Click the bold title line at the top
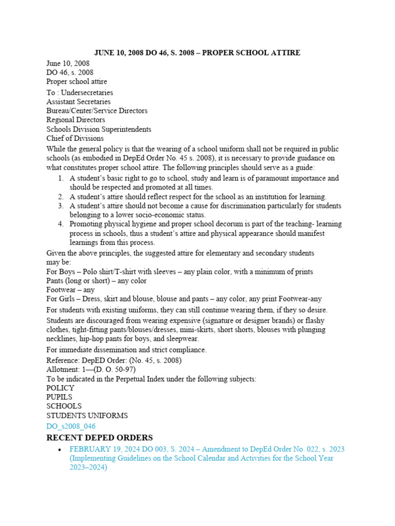(x=197, y=53)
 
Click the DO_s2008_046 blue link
(x=70, y=426)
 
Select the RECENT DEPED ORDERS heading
(x=99, y=438)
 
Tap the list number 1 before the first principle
(x=60, y=178)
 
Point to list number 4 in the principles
(x=60, y=224)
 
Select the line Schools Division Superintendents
(x=99, y=129)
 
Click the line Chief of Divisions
(x=75, y=139)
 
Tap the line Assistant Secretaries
(x=78, y=102)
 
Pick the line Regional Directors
(x=76, y=120)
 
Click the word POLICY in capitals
(x=60, y=388)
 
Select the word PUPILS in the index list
(x=59, y=397)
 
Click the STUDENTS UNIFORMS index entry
(x=87, y=416)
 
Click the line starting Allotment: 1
(x=88, y=369)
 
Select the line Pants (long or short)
(x=96, y=281)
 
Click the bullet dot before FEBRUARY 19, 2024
(x=60, y=449)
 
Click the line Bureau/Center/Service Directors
(x=97, y=111)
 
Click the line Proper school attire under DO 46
(x=77, y=81)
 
